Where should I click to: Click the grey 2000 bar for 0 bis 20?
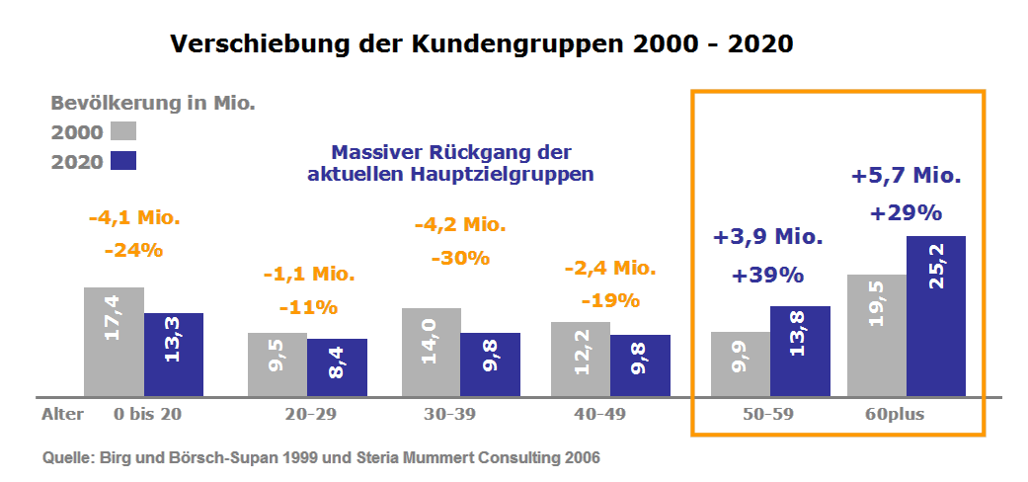pyautogui.click(x=114, y=342)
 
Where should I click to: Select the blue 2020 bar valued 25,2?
pyautogui.click(x=935, y=316)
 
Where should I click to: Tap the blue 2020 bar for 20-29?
pyautogui.click(x=337, y=367)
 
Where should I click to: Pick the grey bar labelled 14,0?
pyautogui.click(x=431, y=353)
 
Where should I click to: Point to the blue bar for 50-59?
pyautogui.click(x=800, y=352)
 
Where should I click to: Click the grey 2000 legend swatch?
pyautogui.click(x=123, y=131)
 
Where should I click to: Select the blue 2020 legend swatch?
pyautogui.click(x=123, y=161)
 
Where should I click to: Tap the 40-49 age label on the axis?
pyautogui.click(x=600, y=414)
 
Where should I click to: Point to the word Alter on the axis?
pyautogui.click(x=62, y=414)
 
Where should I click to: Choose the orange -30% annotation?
pyautogui.click(x=460, y=258)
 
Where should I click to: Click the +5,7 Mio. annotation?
pyautogui.click(x=906, y=177)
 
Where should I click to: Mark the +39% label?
pyautogui.click(x=767, y=276)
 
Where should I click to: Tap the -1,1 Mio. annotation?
pyautogui.click(x=308, y=274)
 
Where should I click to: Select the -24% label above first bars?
pyautogui.click(x=133, y=250)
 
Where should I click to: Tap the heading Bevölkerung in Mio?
pyautogui.click(x=153, y=102)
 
